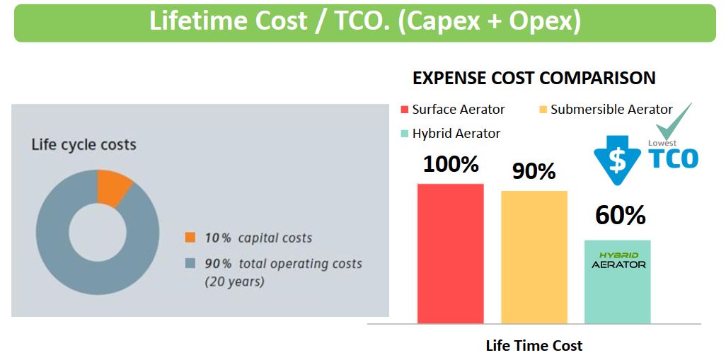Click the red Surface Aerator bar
click(451, 254)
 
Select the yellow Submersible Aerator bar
click(534, 257)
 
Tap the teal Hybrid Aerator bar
click(618, 281)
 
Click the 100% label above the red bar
click(451, 164)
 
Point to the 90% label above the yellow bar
click(534, 171)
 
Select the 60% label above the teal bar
click(621, 215)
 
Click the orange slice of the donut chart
click(113, 187)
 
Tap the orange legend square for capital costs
click(190, 238)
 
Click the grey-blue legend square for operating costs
click(190, 264)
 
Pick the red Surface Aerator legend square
click(404, 110)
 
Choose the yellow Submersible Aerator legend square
click(543, 110)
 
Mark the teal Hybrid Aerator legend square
click(404, 134)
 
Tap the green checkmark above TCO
click(674, 122)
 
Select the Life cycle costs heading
click(83, 145)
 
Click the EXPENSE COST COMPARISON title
click(534, 79)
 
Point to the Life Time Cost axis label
click(534, 346)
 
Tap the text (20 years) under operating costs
click(234, 281)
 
